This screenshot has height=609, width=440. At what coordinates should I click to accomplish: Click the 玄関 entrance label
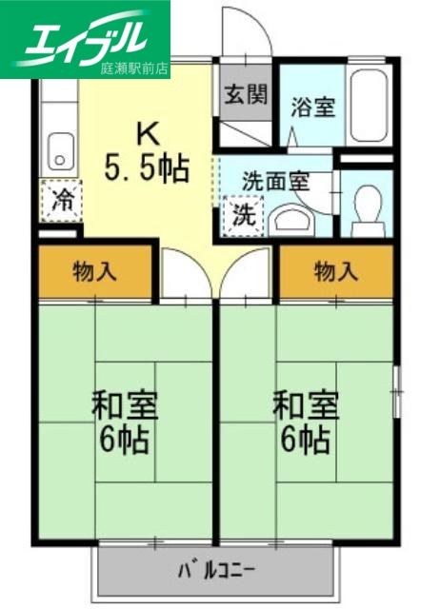tap(246, 95)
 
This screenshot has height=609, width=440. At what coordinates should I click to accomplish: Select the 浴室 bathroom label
tap(312, 107)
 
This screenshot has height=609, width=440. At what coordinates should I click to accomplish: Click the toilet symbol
tap(366, 203)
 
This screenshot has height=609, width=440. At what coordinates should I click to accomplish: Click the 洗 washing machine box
tap(244, 212)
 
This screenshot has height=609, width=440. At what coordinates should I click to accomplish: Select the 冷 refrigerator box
tap(62, 201)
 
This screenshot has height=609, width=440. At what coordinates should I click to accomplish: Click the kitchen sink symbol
tap(61, 151)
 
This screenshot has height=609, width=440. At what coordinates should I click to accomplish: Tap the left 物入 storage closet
tap(95, 272)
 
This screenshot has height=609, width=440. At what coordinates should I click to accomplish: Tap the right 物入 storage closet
tap(335, 272)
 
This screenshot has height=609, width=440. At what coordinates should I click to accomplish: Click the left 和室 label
tap(124, 405)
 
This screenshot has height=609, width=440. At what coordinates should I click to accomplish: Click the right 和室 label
tap(306, 405)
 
